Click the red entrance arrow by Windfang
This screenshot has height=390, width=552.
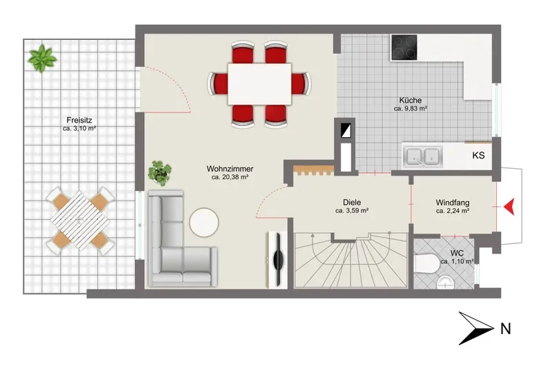[510, 207]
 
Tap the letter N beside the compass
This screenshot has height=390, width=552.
[506, 329]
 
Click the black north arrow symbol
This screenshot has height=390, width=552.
[476, 328]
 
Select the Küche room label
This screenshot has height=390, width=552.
[411, 100]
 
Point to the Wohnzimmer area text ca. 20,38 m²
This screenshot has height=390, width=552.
[230, 177]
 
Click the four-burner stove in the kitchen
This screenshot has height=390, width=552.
[404, 47]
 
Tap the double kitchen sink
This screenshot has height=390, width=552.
[423, 156]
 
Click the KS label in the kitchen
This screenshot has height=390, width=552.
[478, 155]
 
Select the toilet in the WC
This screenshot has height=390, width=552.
[426, 264]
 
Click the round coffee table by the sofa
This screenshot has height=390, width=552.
[204, 223]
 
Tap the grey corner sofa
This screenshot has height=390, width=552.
[178, 243]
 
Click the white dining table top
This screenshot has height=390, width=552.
[259, 83]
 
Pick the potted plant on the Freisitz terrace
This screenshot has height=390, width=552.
[43, 58]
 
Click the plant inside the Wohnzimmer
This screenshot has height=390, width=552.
[160, 173]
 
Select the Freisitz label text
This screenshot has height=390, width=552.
[79, 121]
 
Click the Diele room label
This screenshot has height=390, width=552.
[352, 203]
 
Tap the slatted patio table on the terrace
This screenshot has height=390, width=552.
[80, 220]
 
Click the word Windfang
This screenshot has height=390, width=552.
[453, 203]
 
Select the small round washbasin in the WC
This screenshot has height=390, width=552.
[445, 282]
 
